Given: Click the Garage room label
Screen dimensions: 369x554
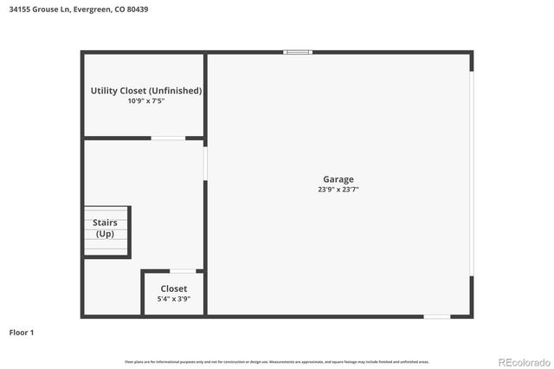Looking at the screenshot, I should [338, 179].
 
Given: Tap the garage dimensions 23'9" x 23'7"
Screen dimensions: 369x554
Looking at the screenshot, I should [338, 190].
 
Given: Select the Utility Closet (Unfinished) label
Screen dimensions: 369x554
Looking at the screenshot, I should [145, 90].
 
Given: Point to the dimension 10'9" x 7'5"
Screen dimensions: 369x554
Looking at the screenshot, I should [145, 101].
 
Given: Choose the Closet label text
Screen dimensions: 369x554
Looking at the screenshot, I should [173, 288].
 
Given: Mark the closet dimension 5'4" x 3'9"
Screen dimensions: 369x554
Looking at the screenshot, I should [173, 299].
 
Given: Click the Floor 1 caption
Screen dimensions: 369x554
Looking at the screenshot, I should [21, 332].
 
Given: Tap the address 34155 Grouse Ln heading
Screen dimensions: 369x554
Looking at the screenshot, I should [38, 10].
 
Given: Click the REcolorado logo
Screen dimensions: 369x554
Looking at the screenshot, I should [523, 361].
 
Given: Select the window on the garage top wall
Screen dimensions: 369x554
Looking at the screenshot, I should [298, 52].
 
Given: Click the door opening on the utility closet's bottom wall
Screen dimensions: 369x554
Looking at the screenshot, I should [168, 138].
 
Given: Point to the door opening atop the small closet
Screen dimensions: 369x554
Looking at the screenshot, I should [182, 271].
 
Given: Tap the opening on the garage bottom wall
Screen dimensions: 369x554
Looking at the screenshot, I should [436, 316].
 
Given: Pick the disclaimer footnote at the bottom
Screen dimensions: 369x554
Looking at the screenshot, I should [277, 361].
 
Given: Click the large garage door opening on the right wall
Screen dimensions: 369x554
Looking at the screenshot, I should [472, 173].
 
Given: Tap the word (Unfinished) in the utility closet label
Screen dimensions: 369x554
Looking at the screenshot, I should [175, 90].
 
